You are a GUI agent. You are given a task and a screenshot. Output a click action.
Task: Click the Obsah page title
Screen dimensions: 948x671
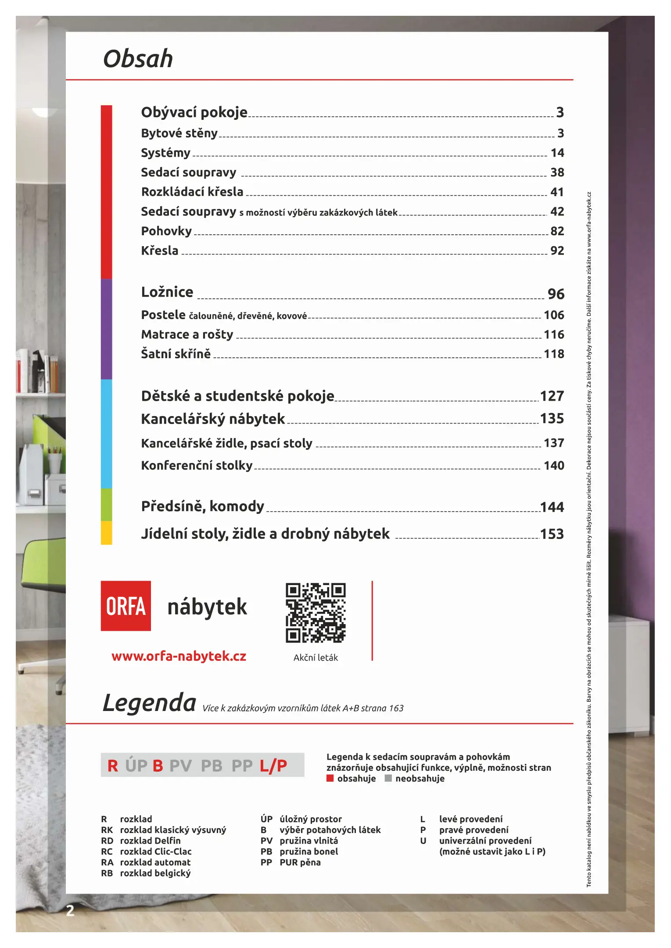138,59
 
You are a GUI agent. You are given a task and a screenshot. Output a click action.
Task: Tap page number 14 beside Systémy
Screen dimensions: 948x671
557,153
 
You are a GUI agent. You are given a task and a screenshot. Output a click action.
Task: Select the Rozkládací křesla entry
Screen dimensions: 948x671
192,192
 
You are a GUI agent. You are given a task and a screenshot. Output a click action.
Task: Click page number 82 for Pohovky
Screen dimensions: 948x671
557,231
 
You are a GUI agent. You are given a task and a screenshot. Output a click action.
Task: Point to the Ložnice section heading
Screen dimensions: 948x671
167,292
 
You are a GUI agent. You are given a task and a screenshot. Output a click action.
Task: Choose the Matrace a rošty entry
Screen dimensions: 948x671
187,334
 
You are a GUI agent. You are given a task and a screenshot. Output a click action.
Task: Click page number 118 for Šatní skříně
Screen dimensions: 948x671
554,354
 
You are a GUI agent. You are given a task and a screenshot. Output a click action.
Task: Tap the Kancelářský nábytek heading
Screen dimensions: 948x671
213,419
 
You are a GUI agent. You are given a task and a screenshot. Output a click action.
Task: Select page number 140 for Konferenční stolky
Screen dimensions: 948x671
554,465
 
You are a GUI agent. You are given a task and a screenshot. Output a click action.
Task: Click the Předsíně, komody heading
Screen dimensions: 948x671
202,506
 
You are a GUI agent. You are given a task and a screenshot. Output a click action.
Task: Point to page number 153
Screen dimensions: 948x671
552,534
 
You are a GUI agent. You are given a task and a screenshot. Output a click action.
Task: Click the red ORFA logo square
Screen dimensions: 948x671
126,606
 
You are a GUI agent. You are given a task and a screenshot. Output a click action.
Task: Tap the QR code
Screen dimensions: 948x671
316,613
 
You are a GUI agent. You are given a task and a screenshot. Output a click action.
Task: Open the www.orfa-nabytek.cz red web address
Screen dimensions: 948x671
179,656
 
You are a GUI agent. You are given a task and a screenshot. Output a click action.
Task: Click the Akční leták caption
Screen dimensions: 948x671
316,657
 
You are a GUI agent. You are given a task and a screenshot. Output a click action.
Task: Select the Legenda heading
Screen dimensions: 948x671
149,703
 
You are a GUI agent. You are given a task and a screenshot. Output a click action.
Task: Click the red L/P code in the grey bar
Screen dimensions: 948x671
273,765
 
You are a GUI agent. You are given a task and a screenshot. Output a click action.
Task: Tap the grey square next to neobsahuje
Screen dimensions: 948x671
388,778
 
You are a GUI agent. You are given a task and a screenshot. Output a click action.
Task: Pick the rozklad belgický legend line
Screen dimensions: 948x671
155,873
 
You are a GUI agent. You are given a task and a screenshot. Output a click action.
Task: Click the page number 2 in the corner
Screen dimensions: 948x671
70,911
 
